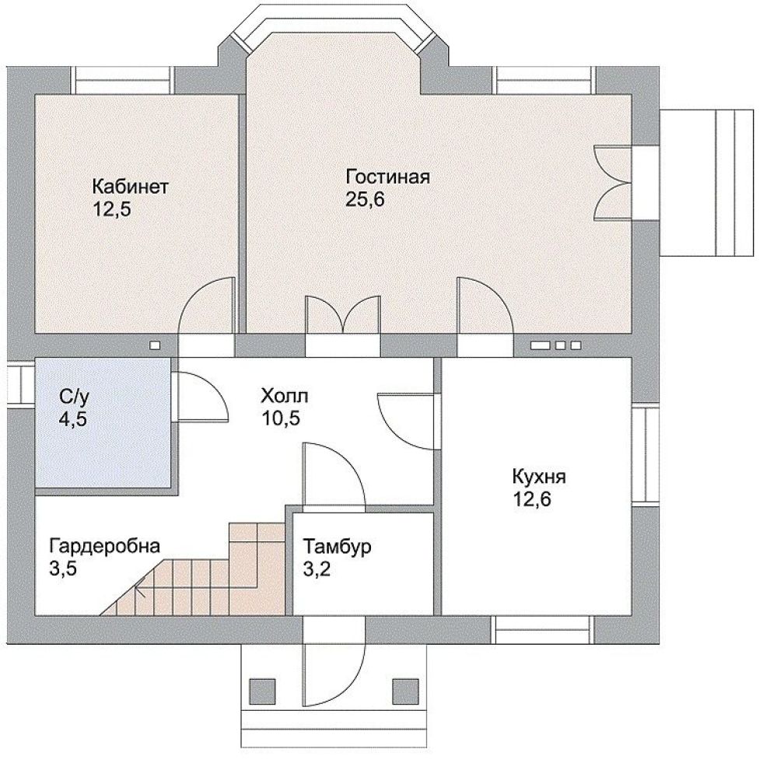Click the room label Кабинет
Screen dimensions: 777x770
pyautogui.click(x=131, y=187)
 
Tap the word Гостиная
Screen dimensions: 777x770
pyautogui.click(x=387, y=177)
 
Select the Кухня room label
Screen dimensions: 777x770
pyautogui.click(x=539, y=477)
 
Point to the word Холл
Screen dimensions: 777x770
pyautogui.click(x=285, y=397)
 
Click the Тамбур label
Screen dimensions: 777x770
pyautogui.click(x=337, y=547)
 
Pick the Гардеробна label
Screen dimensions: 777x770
pyautogui.click(x=104, y=546)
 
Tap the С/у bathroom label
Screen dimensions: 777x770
pyautogui.click(x=75, y=397)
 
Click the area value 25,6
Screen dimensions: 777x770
pyautogui.click(x=366, y=199)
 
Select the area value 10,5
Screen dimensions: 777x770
pyautogui.click(x=281, y=418)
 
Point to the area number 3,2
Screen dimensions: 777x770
pyautogui.click(x=317, y=569)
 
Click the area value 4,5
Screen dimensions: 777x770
pyautogui.click(x=73, y=419)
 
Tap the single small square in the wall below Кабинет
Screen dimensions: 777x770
pyautogui.click(x=155, y=345)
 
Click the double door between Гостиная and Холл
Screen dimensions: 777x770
pyautogui.click(x=343, y=315)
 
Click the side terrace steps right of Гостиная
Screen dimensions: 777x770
pyautogui.click(x=706, y=183)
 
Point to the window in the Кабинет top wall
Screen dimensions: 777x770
pyautogui.click(x=123, y=80)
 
